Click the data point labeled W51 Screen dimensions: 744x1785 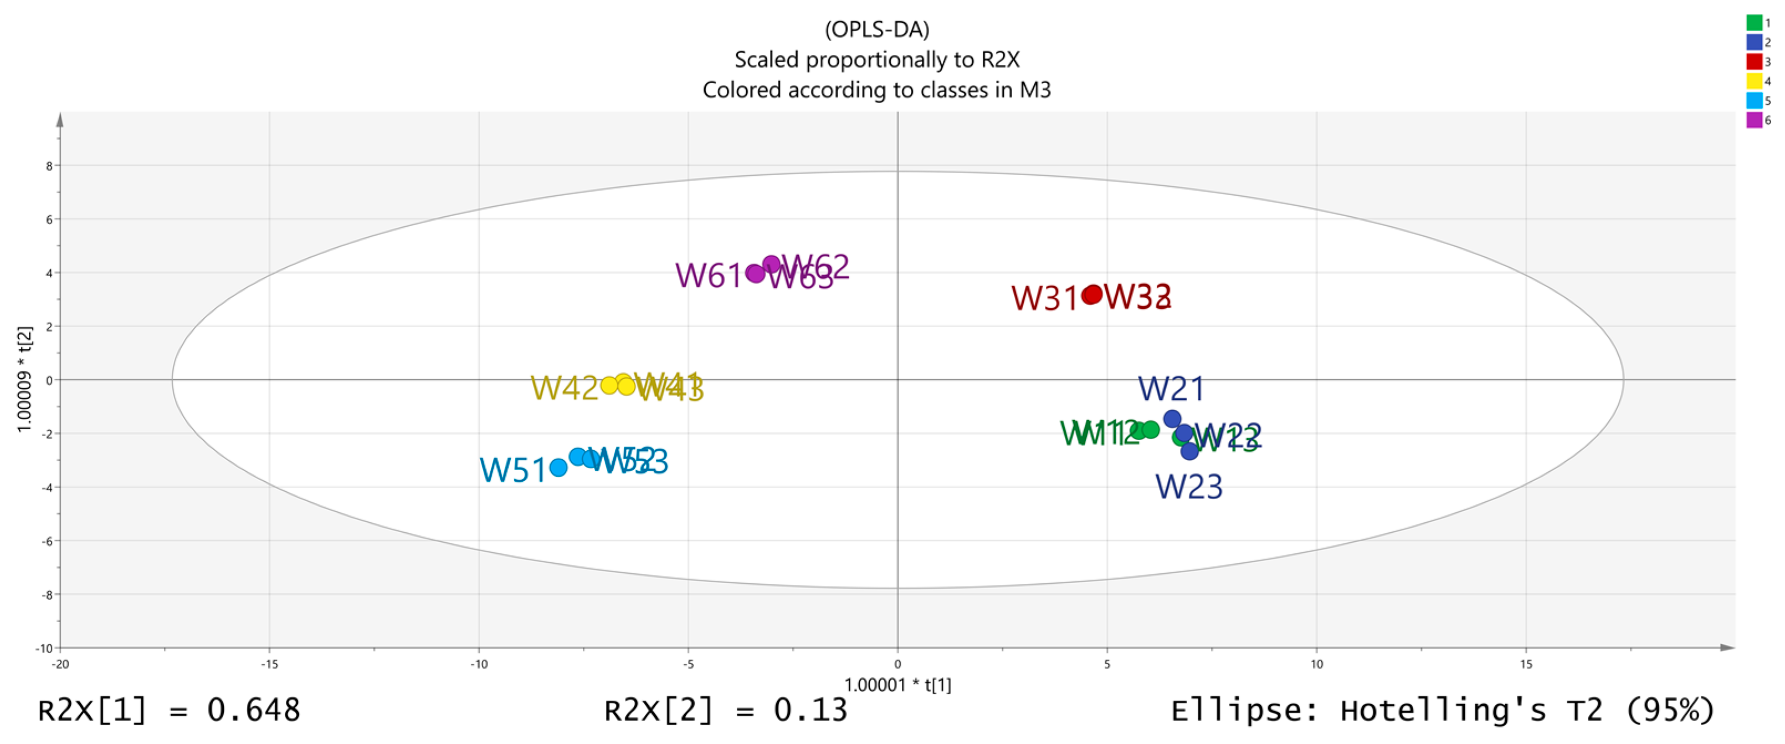coord(558,467)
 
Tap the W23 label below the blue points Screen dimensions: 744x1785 coord(1189,487)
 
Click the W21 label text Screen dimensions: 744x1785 coord(1171,389)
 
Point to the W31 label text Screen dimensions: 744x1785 coord(1044,299)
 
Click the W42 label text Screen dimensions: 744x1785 coord(564,388)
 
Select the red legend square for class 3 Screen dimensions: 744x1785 coord(1754,62)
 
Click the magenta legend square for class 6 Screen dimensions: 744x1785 coord(1754,120)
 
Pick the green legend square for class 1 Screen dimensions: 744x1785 coord(1754,23)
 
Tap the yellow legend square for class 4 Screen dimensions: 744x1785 coord(1754,81)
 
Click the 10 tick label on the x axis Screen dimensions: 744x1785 coord(1316,664)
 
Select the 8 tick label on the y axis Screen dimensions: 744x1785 coord(49,166)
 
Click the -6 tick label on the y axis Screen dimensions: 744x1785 coord(47,541)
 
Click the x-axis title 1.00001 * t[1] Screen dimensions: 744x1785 coord(897,685)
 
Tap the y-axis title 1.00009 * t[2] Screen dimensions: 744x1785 coord(24,379)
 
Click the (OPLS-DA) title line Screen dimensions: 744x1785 coord(876,29)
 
